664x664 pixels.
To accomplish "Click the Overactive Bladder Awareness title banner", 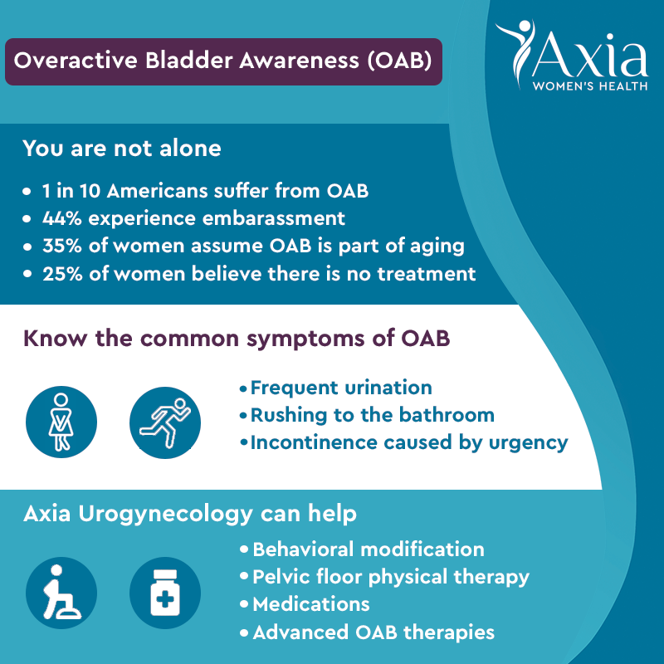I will (x=223, y=61).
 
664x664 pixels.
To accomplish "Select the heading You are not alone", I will (x=122, y=149).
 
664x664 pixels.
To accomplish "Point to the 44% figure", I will (x=60, y=219).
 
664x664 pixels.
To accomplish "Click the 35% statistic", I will (x=60, y=246).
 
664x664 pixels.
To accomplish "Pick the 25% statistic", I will (x=60, y=272).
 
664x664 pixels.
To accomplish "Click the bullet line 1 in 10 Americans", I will (x=205, y=191).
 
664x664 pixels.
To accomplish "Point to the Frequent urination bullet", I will (x=340, y=388).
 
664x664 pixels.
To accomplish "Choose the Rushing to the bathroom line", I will (x=372, y=414).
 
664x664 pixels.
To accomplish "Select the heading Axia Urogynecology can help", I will (x=190, y=513).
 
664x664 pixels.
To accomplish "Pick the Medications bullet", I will (x=310, y=603).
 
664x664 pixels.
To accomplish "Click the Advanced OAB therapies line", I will (x=373, y=632).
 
